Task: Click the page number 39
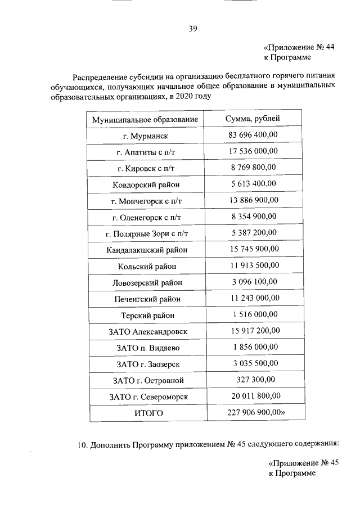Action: (x=193, y=28)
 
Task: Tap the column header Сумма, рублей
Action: (x=253, y=118)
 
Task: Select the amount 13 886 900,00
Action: (x=253, y=200)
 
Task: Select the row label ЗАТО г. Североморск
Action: (x=148, y=397)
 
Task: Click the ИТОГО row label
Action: (x=148, y=413)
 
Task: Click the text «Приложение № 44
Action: (x=299, y=47)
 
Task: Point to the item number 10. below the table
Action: (x=83, y=445)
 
